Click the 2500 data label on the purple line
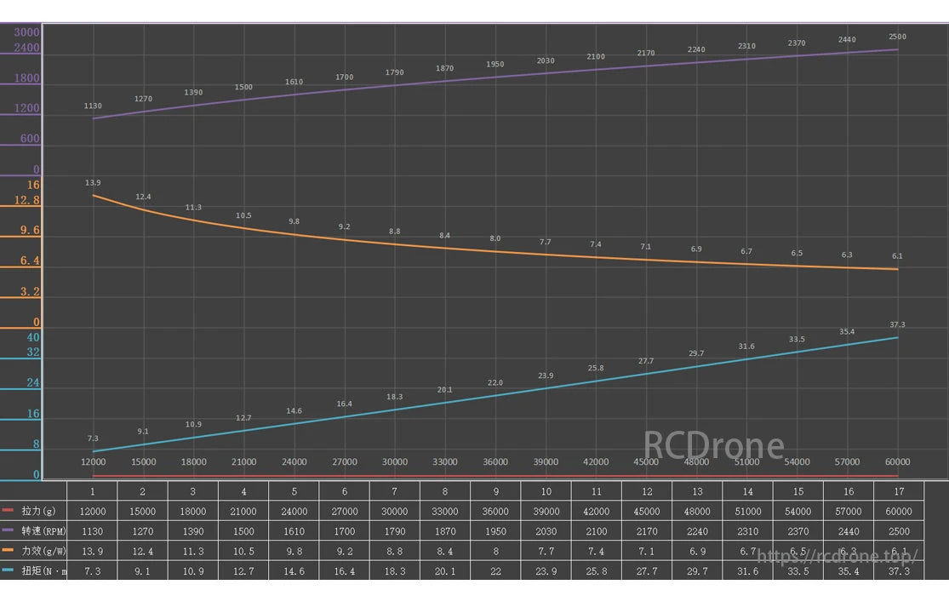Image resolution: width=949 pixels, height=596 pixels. pos(897,37)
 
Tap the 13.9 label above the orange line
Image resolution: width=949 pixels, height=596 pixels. pos(93,183)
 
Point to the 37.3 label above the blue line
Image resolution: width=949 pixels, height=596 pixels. pos(897,324)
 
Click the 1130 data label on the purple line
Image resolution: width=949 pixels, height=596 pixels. pos(93,106)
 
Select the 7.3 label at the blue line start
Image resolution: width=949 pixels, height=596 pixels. pos(93,438)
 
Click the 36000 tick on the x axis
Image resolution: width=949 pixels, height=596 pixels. pos(495,462)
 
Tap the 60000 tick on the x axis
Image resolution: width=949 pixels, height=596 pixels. pos(897,462)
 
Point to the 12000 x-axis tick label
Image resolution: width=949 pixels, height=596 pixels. pos(93,462)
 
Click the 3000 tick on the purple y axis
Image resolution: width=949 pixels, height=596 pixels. pos(26,32)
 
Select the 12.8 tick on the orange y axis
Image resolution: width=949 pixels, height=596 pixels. pos(26,200)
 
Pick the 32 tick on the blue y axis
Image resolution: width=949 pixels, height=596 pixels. pos(32,352)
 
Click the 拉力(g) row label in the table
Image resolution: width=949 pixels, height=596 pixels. pos(38,512)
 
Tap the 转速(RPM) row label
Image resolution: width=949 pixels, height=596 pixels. pos(43,531)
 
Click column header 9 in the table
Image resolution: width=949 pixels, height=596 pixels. pos(495,491)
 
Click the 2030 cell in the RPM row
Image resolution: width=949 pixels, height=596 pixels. pos(546,531)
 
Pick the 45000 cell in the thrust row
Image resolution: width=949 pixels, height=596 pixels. pos(646,512)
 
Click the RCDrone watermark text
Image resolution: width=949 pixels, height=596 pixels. pos(713,445)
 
